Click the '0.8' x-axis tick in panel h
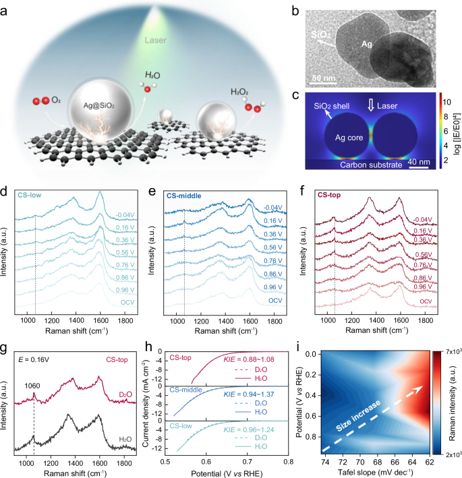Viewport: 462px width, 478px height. pyautogui.click(x=289, y=464)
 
